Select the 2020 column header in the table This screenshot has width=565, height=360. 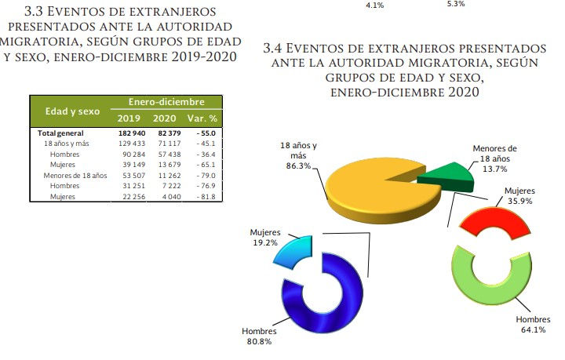163,118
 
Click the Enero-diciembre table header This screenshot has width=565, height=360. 166,102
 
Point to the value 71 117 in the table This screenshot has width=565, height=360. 165,144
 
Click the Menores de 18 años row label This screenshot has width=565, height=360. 75,175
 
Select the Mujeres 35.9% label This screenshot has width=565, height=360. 519,195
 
